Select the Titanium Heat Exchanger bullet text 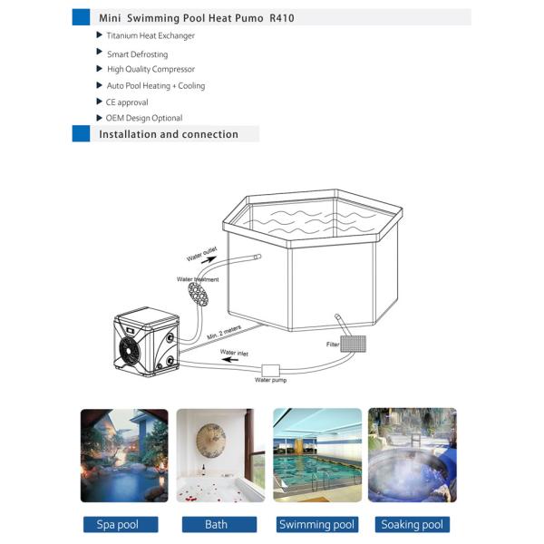(x=151, y=36)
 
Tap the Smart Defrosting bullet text (x=137, y=54)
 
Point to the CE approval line (x=127, y=102)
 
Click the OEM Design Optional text (x=144, y=118)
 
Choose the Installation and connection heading (x=169, y=134)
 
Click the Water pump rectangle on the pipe (x=271, y=370)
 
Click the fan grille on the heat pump (x=128, y=350)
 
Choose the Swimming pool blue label (x=316, y=524)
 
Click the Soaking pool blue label (x=413, y=524)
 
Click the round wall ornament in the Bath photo (x=211, y=442)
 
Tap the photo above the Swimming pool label (x=317, y=455)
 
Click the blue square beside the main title (x=81, y=17)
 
